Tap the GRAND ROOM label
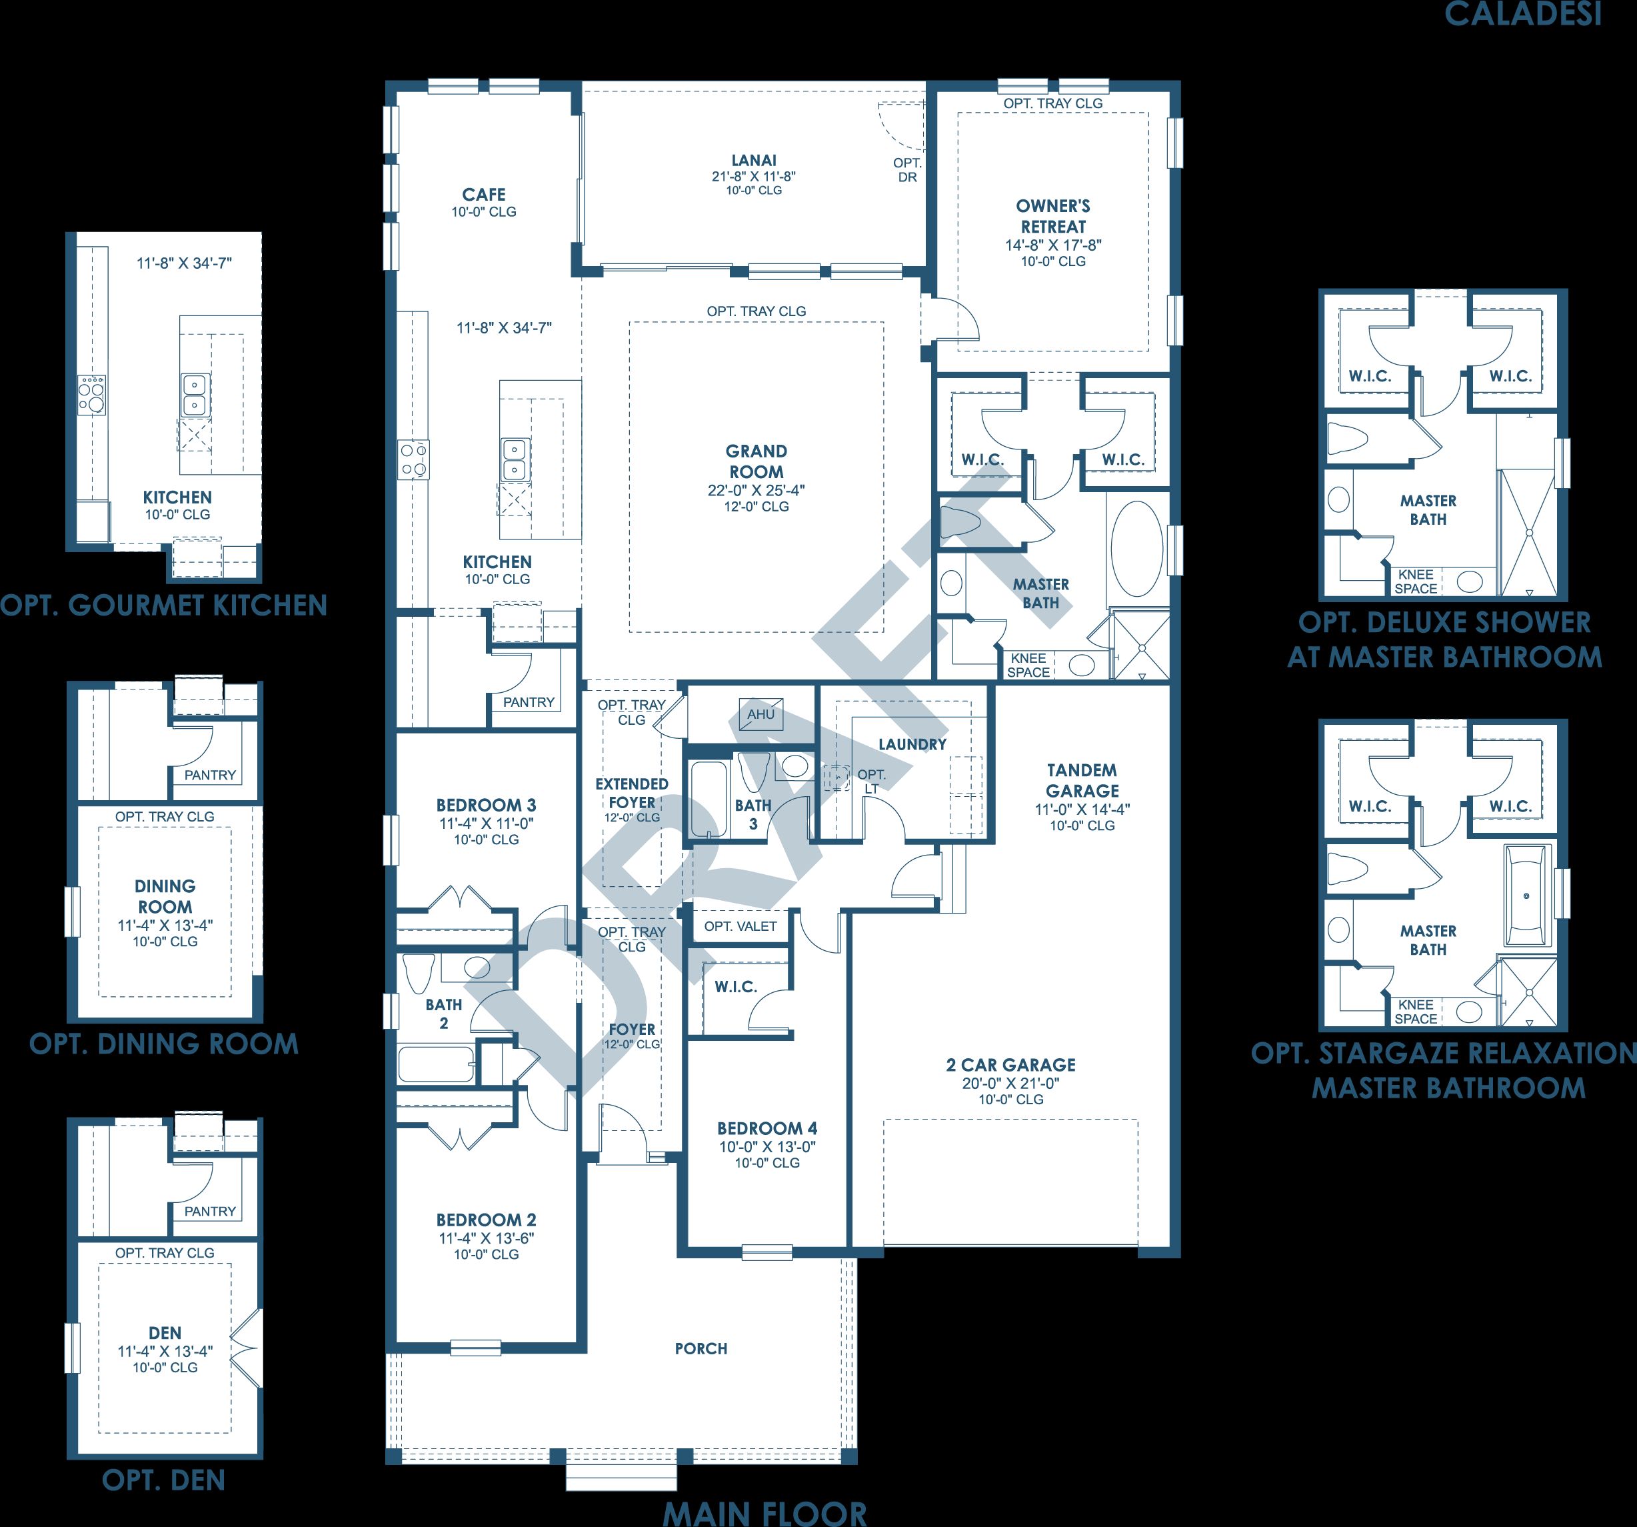[756, 461]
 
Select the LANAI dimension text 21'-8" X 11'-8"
[753, 176]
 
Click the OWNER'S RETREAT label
[1053, 216]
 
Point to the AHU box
[761, 714]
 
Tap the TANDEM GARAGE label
[1082, 780]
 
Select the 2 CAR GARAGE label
[1010, 1065]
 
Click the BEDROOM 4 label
[767, 1128]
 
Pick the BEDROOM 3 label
[486, 805]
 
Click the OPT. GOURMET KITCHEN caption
[164, 605]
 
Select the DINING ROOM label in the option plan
[165, 896]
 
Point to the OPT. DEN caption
[163, 1480]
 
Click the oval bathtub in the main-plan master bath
[1137, 549]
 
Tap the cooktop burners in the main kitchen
[413, 459]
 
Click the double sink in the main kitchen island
[515, 459]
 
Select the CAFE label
[483, 194]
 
